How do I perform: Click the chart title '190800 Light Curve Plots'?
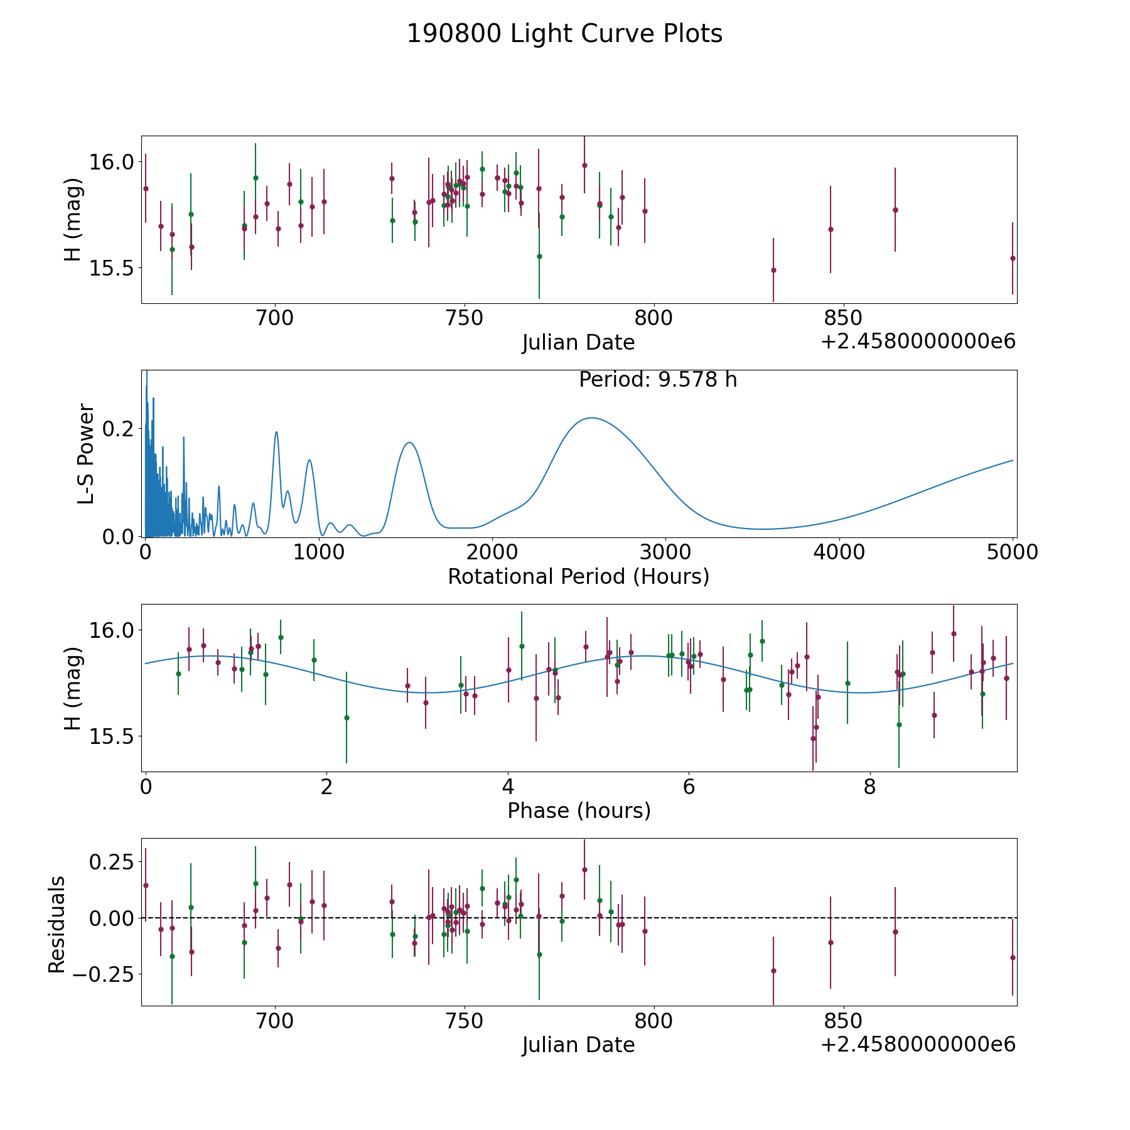point(564,34)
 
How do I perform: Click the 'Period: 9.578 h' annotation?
point(657,380)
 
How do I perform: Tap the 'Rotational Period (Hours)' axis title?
point(578,576)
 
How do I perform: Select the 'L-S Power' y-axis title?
point(86,454)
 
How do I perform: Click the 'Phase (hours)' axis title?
point(578,810)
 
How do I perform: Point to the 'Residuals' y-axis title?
point(56,924)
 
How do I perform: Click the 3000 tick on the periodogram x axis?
point(665,552)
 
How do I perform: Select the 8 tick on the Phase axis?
point(869,787)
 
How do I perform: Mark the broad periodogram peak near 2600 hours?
point(591,418)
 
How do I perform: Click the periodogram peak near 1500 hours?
point(409,443)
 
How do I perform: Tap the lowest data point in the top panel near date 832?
point(773,271)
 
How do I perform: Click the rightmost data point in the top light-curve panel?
point(1013,258)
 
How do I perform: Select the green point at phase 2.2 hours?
point(347,718)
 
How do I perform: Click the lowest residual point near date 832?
point(773,971)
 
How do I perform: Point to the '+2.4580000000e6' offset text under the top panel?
point(918,342)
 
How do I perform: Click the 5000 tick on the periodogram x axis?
point(1013,552)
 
